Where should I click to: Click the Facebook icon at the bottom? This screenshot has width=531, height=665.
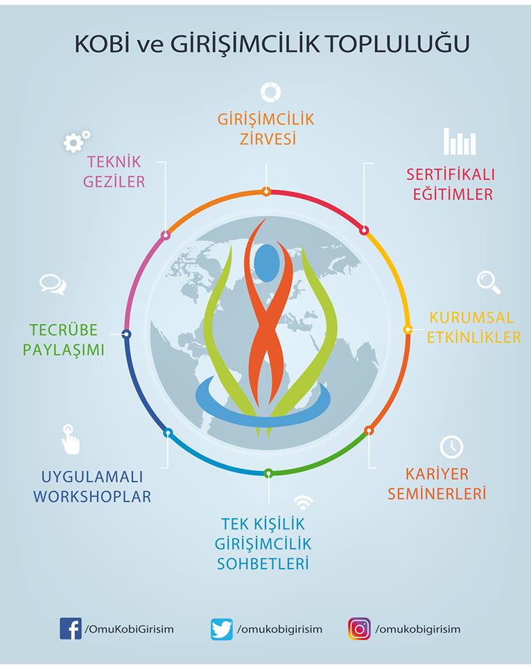coord(71,629)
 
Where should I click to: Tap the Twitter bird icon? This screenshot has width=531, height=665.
coord(222,629)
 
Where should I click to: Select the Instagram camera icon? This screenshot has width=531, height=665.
coord(359,629)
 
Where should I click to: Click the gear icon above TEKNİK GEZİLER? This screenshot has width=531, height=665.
coord(76,141)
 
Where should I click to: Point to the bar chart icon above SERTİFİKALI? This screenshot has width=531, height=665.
coord(460,141)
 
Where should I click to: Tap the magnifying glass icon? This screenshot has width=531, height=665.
coord(489,282)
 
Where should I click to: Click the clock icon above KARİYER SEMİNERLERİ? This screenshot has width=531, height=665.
coord(451,447)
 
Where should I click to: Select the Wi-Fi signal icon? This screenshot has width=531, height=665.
coord(303,502)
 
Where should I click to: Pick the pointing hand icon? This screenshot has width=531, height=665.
coord(70,440)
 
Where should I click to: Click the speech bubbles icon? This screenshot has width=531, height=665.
coord(53,284)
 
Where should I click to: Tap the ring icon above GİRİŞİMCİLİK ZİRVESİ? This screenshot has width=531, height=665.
coord(270,92)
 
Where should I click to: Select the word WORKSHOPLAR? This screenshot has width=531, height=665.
coord(92,497)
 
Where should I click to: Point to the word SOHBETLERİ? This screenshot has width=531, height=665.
coord(263,563)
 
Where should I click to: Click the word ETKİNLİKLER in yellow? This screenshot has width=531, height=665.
coord(474,337)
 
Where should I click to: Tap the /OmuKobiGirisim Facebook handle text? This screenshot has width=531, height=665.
coord(130,629)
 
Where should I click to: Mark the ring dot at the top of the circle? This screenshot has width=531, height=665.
coord(266,192)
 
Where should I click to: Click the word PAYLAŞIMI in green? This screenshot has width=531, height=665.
coord(64,350)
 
